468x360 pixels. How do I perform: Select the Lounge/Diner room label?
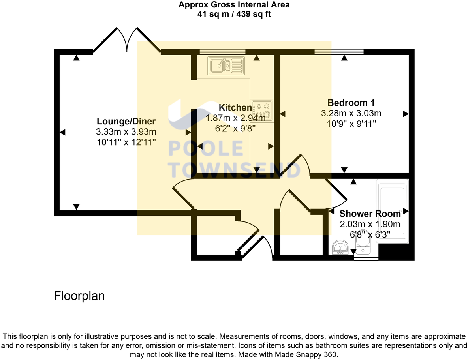[126, 121]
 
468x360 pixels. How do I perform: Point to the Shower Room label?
[370, 214]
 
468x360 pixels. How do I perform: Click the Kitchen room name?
[235, 107]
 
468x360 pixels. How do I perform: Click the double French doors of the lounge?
[127, 39]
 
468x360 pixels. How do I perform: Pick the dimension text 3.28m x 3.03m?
[351, 113]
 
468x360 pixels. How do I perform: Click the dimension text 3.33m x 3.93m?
[126, 131]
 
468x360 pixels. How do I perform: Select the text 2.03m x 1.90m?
[370, 224]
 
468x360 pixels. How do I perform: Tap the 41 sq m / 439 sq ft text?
[234, 15]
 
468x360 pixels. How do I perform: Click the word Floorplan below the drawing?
[79, 296]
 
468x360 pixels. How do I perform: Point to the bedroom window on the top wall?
[339, 51]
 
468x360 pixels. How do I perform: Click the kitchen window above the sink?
[222, 51]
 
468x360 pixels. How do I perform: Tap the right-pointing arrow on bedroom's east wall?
[405, 114]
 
